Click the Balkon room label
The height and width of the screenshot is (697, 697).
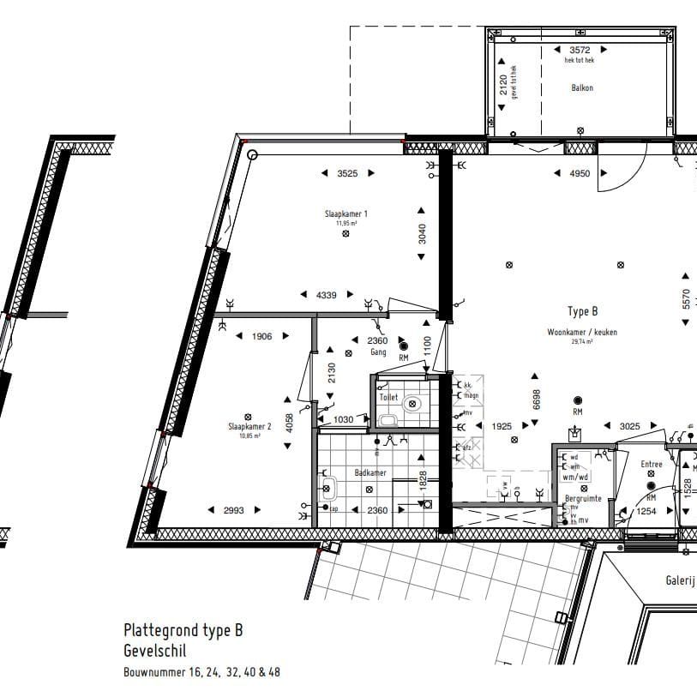(582, 87)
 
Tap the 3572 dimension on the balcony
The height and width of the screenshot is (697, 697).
(580, 50)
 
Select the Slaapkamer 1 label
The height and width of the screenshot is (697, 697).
(346, 213)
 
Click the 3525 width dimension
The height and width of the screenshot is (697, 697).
(347, 173)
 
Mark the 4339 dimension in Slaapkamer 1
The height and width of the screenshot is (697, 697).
(326, 295)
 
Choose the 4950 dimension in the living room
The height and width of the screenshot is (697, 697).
(580, 174)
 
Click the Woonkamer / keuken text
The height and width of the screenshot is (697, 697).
(582, 332)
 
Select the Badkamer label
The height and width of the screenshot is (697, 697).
(370, 472)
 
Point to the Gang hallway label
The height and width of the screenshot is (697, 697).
(377, 352)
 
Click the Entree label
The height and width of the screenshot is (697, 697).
(652, 464)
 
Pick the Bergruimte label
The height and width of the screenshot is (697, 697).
(582, 498)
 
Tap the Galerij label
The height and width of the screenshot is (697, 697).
(679, 580)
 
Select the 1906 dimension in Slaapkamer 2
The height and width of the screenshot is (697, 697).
(261, 337)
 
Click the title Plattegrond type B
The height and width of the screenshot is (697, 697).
(183, 630)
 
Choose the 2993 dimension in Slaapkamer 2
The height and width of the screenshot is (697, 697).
(234, 510)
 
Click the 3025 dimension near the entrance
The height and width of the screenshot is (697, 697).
(630, 426)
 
